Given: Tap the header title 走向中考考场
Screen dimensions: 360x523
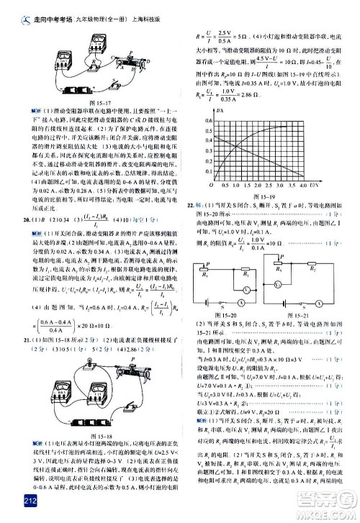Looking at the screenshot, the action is click(x=42, y=8).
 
